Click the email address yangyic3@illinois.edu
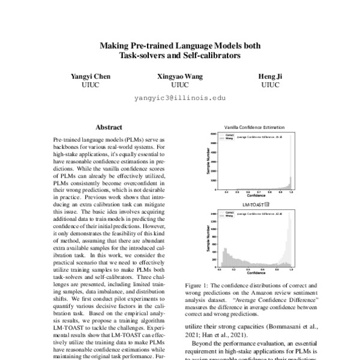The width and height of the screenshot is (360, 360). tap(180, 97)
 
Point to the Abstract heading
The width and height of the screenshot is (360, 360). tap(109, 128)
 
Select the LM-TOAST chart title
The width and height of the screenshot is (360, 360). tap(253, 204)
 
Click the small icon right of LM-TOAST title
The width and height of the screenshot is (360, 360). tap(267, 204)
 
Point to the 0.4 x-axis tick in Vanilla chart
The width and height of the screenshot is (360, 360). tap(227, 192)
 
